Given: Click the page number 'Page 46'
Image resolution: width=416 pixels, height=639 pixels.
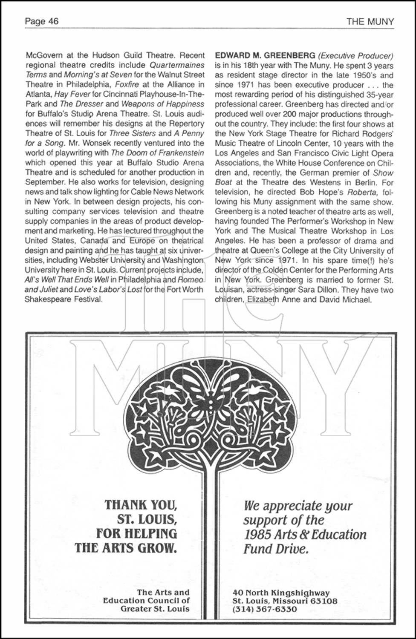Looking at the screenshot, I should (42, 21).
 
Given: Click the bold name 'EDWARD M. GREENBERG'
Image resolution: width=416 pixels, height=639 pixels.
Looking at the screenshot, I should (265, 56).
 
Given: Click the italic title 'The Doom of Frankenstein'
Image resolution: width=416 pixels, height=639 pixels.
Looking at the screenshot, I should (157, 153).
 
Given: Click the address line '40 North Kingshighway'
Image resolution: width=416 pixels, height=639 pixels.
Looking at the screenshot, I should (281, 593).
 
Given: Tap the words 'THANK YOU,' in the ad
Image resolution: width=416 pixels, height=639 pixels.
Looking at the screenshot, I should (141, 505).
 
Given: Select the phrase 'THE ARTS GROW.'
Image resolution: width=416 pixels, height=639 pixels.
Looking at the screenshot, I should (126, 547).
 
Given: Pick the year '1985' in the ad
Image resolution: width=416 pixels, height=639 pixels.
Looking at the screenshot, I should (258, 535).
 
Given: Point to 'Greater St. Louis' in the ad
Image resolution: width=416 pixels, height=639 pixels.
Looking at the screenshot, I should (155, 609).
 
